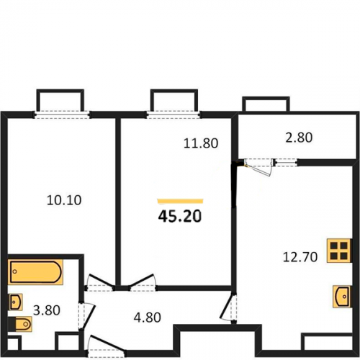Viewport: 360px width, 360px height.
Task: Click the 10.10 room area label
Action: [x=64, y=200]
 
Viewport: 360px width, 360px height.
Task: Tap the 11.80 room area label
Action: [x=201, y=143]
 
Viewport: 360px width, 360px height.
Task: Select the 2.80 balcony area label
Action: [x=299, y=138]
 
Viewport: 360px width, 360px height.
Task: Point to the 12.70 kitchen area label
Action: [x=300, y=257]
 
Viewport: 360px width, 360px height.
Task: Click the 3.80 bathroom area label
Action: [x=47, y=310]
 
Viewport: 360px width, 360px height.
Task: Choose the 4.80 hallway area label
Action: [x=147, y=318]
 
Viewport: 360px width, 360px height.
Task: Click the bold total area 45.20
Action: [x=180, y=216]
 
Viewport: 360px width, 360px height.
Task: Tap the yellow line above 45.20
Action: [x=180, y=201]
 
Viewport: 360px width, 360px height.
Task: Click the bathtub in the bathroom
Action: [x=35, y=272]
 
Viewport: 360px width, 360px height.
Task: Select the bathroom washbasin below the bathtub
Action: [x=16, y=302]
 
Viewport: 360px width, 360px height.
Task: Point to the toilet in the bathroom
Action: [x=20, y=324]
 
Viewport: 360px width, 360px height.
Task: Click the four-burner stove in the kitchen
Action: [x=339, y=251]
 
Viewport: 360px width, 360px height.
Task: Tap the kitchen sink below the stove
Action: [x=342, y=297]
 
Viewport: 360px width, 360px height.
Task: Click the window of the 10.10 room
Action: [x=61, y=114]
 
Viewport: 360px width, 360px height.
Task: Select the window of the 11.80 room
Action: [x=174, y=114]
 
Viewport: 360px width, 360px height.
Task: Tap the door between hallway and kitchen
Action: [x=228, y=307]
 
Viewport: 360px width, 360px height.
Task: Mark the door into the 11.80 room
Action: [x=143, y=282]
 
